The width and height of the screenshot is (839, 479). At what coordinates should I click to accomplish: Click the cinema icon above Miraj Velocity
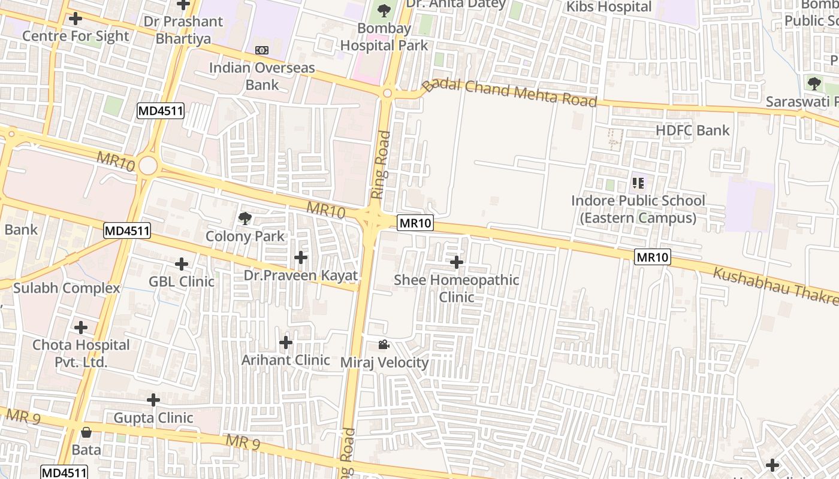coord(384,344)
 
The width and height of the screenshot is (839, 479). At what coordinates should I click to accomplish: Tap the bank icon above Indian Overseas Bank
coord(262,50)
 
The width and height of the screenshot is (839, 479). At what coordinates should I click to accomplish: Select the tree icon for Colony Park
coord(245,219)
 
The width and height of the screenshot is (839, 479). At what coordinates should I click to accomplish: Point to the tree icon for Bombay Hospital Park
coord(384,10)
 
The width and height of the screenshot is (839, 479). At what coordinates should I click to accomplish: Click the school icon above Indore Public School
coord(638,183)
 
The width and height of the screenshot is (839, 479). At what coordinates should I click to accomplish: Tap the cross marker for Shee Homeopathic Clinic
coord(457,262)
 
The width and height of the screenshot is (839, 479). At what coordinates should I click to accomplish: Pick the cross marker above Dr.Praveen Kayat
coord(301,258)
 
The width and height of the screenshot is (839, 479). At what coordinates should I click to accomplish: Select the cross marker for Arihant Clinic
coord(286,342)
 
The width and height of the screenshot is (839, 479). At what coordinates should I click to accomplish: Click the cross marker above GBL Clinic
coord(182,263)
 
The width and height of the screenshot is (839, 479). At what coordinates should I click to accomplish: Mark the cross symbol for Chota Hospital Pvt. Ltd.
coord(81,328)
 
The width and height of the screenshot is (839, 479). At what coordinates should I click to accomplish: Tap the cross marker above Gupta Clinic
coord(153,400)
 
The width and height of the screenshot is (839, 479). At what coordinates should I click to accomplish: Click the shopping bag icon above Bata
coord(86,432)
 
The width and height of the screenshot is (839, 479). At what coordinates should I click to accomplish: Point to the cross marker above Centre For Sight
coord(76,19)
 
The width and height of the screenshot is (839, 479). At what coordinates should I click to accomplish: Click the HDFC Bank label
coord(692,131)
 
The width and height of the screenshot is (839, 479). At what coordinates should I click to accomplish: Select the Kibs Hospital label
coord(609,7)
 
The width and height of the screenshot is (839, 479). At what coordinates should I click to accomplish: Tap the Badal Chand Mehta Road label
coord(509,92)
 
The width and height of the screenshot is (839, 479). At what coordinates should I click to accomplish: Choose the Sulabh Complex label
coord(67,288)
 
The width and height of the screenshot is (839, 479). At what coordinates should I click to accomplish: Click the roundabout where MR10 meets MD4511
coord(147,166)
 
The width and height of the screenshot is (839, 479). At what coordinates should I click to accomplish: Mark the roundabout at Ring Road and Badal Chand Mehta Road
coord(387,93)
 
